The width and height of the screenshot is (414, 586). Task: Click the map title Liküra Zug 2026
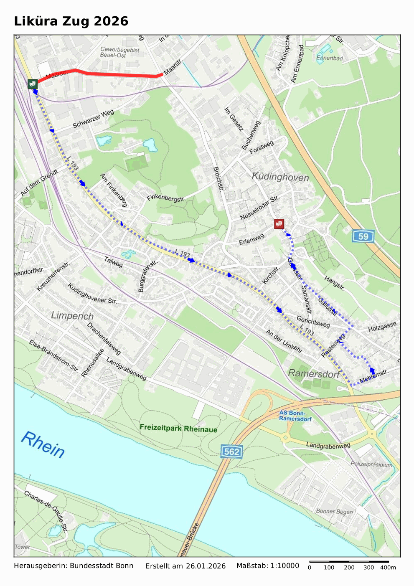click(x=71, y=21)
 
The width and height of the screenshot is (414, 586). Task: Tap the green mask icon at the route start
click(x=33, y=84)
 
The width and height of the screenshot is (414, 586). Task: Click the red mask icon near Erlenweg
click(x=279, y=224)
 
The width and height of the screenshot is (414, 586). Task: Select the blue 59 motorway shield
click(x=363, y=236)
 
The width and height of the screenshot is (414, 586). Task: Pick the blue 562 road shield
click(x=231, y=452)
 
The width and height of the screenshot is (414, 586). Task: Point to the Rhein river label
click(x=43, y=445)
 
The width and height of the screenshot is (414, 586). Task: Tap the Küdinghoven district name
click(x=280, y=177)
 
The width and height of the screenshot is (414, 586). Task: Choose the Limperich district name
click(x=72, y=315)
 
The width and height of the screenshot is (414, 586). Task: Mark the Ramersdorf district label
click(x=314, y=373)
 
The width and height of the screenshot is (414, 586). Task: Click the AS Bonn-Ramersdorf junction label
click(x=295, y=416)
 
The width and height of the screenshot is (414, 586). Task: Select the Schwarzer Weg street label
click(x=93, y=119)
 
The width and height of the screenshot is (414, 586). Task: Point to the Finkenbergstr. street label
click(x=166, y=198)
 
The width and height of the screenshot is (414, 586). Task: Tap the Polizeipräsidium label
click(x=371, y=464)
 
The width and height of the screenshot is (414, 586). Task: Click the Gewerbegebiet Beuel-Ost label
click(x=119, y=52)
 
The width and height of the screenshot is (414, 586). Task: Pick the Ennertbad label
click(x=330, y=58)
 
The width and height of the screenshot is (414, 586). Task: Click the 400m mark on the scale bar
click(x=388, y=567)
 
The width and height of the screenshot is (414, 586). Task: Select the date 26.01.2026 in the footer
click(x=206, y=566)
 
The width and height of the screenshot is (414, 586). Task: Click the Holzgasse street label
click(x=382, y=327)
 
